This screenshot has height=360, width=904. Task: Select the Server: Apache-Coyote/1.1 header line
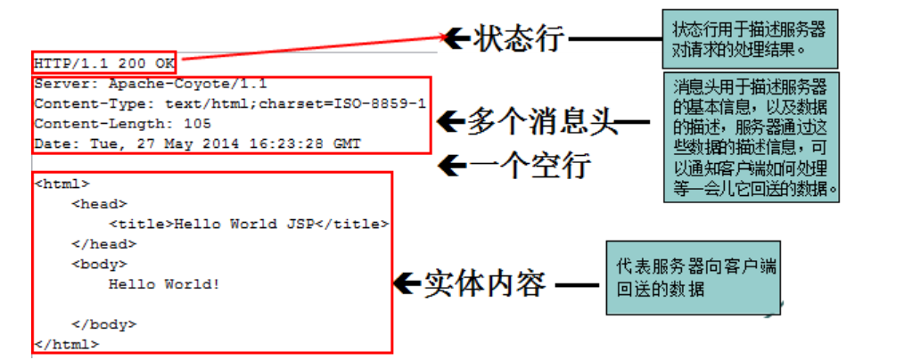pos(150,85)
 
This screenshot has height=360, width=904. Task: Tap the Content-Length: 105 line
pos(122,124)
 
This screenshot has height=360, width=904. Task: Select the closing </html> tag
pos(66,343)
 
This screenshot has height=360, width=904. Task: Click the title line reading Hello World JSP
pos(249,224)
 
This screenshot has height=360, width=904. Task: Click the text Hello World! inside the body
pos(164,284)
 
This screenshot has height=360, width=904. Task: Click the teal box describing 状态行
pos(750,39)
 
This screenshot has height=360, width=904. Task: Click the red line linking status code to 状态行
pos(312,49)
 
